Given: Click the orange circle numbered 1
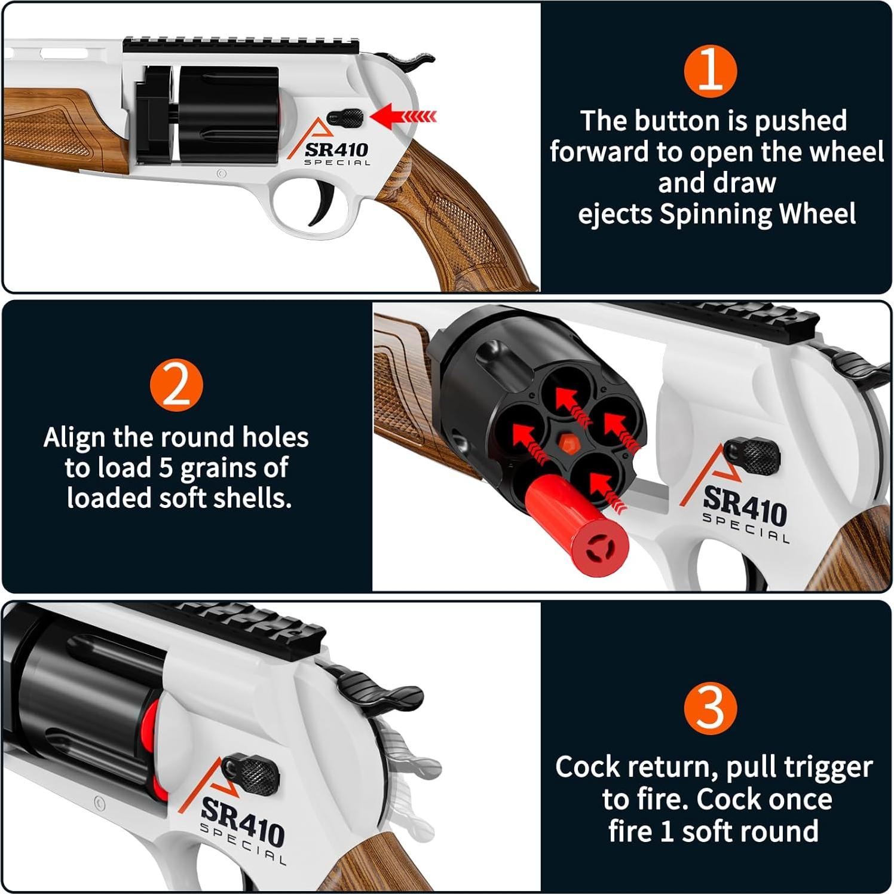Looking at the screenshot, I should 711,71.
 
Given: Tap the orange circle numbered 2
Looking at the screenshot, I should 176,385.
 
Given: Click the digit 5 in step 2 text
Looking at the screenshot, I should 166,468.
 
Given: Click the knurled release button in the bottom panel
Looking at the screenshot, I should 251,774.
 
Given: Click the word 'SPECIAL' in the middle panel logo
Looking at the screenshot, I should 746,529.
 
